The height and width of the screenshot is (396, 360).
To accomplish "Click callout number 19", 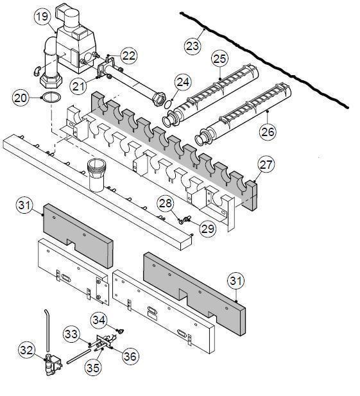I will click(x=43, y=17).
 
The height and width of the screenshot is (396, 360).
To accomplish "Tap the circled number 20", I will click(x=21, y=97).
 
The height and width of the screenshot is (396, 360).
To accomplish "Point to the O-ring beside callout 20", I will click(x=51, y=98).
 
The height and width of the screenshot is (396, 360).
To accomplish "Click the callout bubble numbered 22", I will click(x=128, y=56).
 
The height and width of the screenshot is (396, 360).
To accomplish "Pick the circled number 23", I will click(x=192, y=46).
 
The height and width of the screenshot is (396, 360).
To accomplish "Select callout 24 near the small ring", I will click(x=183, y=82).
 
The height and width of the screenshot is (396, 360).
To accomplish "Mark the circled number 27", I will click(x=266, y=164).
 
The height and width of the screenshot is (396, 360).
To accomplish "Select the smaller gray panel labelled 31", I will click(x=77, y=234).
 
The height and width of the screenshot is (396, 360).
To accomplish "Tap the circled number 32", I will click(x=27, y=350).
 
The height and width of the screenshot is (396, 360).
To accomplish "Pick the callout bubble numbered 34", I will click(x=98, y=318).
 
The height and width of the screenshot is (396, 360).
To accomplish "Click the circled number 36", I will click(x=131, y=356).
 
